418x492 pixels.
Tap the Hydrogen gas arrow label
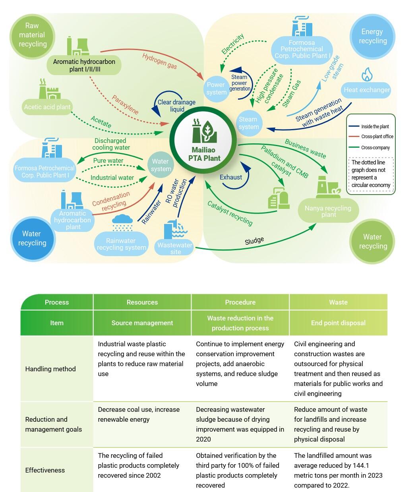pos(159,61)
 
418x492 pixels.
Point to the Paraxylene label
pos(125,104)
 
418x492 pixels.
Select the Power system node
pos(216,89)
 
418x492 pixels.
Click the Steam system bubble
pos(249,123)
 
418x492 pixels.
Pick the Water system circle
pos(161,165)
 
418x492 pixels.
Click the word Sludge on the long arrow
pos(254,241)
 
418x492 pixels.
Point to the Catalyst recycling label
pos(230,213)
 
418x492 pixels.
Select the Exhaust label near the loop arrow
pos(231,177)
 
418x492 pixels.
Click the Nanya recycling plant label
pos(328,211)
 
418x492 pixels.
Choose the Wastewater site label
pos(175,249)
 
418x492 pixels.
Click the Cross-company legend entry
pos(375,148)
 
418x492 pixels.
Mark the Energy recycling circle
pos(372,37)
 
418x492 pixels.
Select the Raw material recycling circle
pos(32,35)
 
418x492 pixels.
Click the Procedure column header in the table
pos(240,302)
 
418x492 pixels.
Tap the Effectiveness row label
pos(45,470)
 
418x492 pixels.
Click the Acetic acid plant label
pos(47,107)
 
